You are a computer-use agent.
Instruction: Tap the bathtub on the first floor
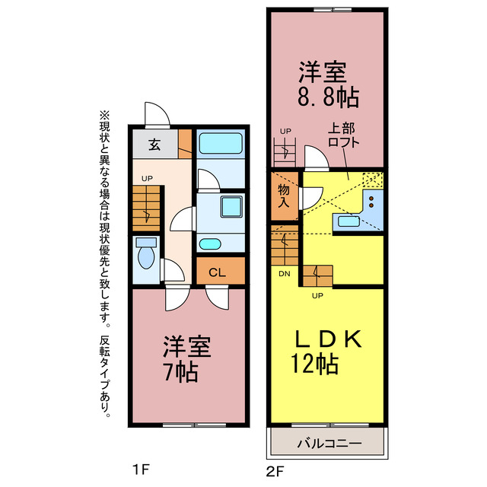[x=220, y=144]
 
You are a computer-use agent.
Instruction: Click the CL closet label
[x=217, y=272]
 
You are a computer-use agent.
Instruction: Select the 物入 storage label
[x=285, y=196]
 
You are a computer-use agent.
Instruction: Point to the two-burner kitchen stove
[x=372, y=202]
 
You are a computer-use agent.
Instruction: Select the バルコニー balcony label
[x=328, y=443]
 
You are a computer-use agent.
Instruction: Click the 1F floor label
[x=140, y=469]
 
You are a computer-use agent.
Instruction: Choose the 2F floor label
[x=275, y=469]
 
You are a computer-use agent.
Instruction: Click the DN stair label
[x=283, y=274]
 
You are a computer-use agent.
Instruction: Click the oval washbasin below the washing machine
[x=210, y=244]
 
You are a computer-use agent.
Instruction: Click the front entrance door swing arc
[x=158, y=114]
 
